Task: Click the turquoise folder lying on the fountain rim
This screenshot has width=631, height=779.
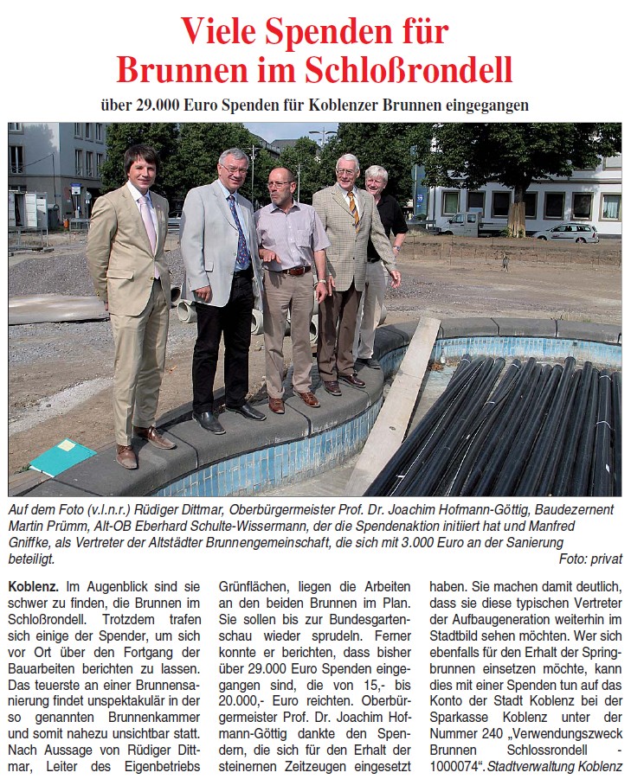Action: point(63,456)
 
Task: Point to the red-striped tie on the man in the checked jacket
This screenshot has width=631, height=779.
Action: point(352,208)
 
